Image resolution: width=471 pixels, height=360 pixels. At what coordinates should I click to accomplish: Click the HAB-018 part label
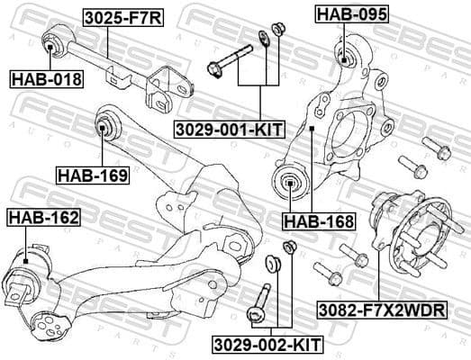(45, 79)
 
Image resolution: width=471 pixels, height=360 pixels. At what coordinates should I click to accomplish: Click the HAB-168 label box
(318, 219)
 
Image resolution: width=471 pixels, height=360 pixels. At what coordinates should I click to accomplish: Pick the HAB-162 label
(42, 218)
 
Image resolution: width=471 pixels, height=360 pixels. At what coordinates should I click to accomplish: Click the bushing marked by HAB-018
(51, 41)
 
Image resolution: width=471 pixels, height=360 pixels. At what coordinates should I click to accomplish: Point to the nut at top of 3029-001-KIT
(277, 28)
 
